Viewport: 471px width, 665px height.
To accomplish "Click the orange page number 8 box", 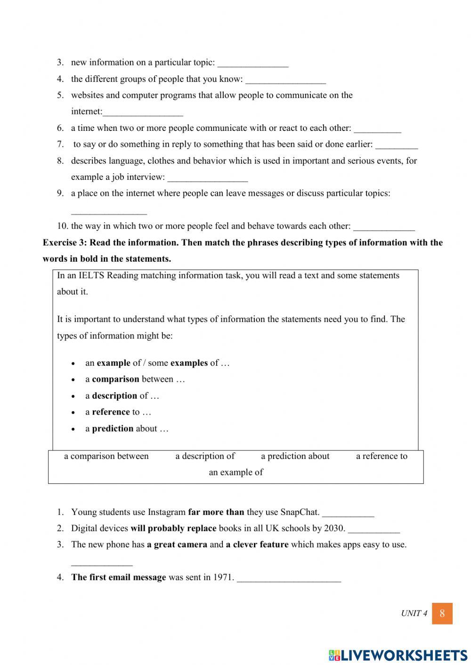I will (442, 613).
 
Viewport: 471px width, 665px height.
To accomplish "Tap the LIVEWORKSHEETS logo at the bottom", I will (398, 655).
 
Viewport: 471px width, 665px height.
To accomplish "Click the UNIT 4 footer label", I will (414, 613).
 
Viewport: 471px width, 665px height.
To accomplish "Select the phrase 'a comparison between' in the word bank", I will (106, 456).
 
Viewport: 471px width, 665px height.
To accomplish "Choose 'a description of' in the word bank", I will (205, 456).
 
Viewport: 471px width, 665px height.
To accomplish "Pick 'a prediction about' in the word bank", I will (295, 456).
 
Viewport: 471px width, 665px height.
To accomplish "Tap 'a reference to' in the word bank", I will (382, 456).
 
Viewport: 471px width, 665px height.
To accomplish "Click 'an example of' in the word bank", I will (235, 472).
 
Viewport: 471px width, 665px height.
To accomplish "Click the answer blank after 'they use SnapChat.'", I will (348, 513).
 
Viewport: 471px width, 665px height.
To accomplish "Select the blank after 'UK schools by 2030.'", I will (374, 529).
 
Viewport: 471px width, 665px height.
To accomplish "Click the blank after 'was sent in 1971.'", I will (289, 578).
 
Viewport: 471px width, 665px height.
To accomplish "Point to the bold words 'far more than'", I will (216, 512).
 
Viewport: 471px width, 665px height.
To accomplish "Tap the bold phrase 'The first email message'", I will (118, 577).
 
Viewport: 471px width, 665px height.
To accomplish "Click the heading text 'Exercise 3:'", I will (65, 243).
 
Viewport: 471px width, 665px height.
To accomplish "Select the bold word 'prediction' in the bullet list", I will (113, 429).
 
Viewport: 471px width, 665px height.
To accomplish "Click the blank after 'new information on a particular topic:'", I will (253, 64).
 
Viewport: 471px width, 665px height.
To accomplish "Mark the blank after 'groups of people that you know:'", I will (285, 80).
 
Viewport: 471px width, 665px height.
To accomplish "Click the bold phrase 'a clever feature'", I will (257, 545).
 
